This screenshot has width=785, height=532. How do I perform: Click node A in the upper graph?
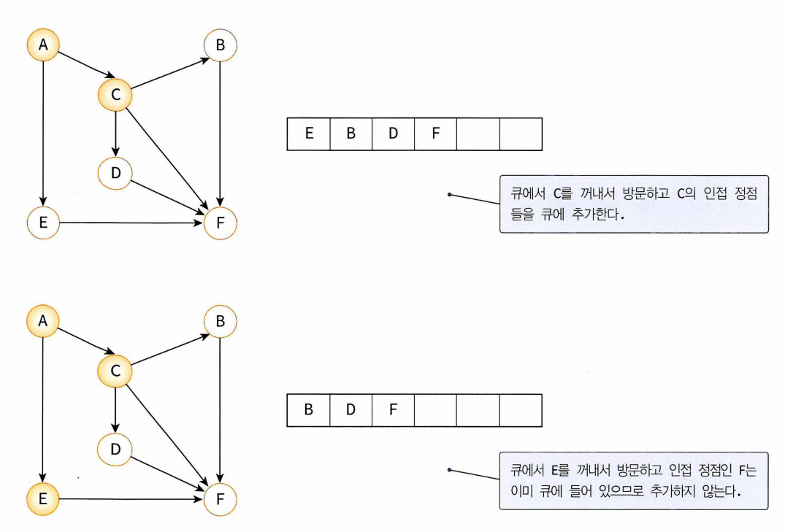click(x=43, y=45)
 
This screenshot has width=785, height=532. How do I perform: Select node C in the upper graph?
click(x=115, y=93)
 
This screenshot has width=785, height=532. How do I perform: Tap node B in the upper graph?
click(x=220, y=47)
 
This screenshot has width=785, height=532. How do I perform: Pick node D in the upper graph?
click(x=115, y=171)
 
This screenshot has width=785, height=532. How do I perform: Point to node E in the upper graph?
click(x=43, y=222)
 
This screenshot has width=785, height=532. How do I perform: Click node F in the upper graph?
click(x=220, y=223)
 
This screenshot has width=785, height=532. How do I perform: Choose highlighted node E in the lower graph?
click(x=43, y=500)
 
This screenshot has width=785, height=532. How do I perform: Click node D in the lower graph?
click(x=115, y=449)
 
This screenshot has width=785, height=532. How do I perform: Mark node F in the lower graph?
click(x=220, y=500)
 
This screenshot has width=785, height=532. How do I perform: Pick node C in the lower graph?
click(x=115, y=371)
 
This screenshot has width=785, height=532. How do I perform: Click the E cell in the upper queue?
click(x=309, y=134)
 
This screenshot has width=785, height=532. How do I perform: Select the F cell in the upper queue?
click(x=435, y=134)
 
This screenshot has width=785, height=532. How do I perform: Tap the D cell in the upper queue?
click(x=393, y=134)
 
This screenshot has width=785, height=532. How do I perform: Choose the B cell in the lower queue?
click(x=309, y=410)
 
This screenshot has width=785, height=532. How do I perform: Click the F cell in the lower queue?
click(x=393, y=410)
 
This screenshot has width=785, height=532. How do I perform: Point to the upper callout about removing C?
click(x=633, y=204)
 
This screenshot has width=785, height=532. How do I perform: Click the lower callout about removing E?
click(x=633, y=480)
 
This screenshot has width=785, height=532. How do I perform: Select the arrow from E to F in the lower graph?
click(x=131, y=500)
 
